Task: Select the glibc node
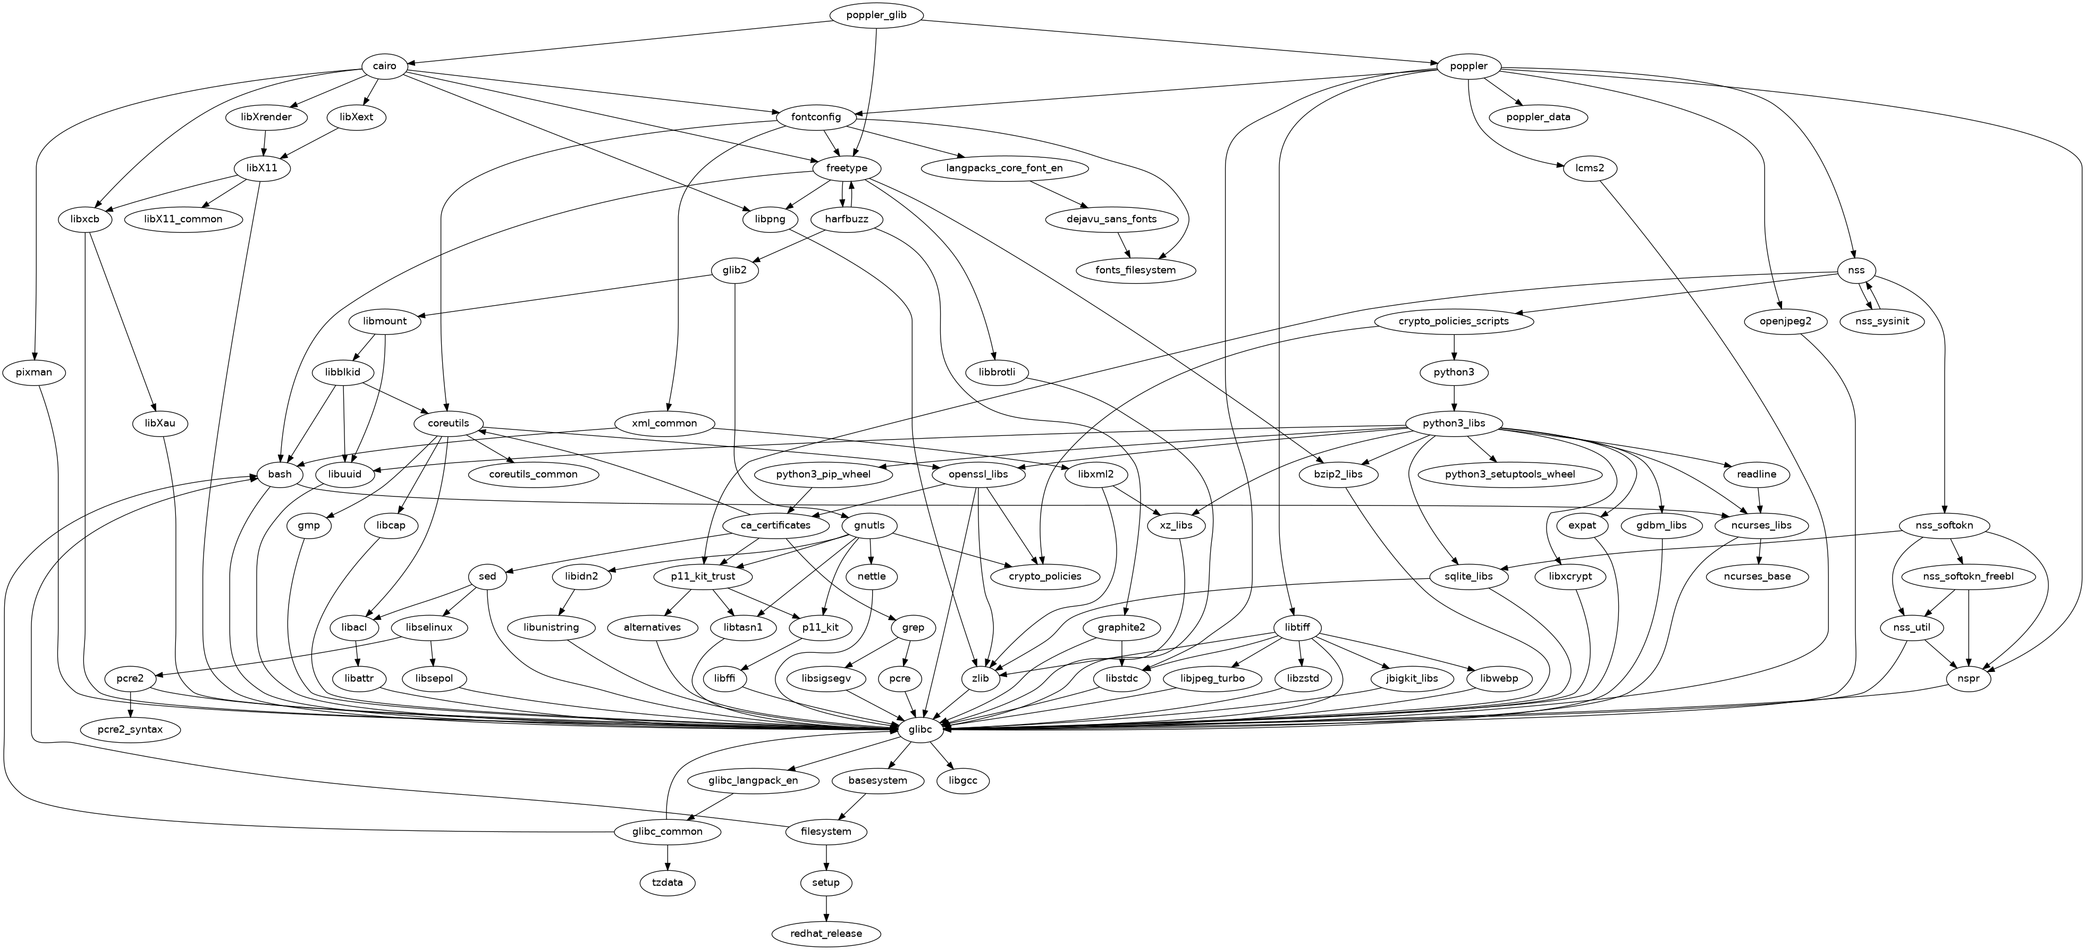[x=921, y=730]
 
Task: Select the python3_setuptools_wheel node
[x=1510, y=474]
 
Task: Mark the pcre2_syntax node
[x=130, y=730]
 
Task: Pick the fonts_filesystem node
[x=1136, y=270]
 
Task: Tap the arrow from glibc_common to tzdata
[x=667, y=857]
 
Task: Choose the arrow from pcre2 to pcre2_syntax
[x=130, y=704]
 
